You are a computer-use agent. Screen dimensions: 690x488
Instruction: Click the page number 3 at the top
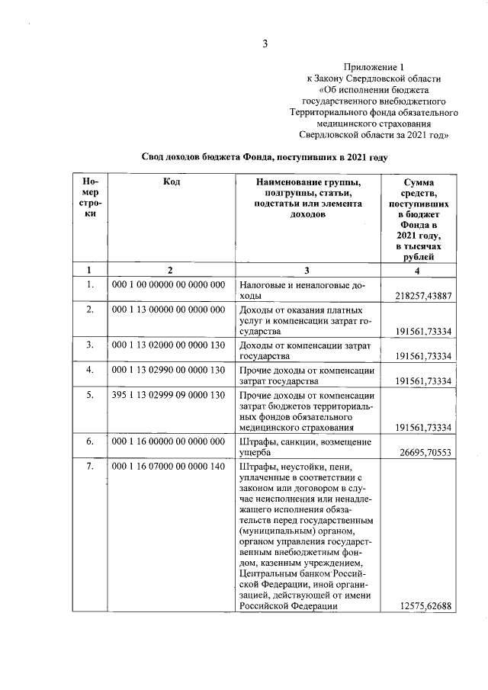coord(265,43)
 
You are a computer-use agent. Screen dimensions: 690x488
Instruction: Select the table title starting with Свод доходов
coord(265,156)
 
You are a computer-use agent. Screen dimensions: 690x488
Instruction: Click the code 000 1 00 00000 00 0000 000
coord(169,284)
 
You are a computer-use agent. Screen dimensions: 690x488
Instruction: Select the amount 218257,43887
coord(425,295)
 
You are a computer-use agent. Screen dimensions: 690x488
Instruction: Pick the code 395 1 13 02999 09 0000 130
coord(169,395)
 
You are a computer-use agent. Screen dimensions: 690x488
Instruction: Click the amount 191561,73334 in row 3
coord(425,356)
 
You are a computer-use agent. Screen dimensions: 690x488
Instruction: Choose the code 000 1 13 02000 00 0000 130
coord(169,345)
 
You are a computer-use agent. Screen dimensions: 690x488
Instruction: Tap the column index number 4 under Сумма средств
coord(417,269)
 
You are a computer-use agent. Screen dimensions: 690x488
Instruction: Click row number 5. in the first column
coord(90,395)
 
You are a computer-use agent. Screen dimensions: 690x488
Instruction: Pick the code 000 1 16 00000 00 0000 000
coord(169,441)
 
